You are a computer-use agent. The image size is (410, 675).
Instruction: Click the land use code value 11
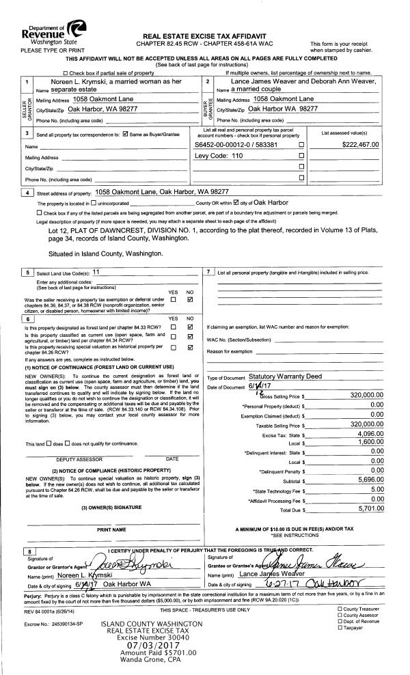pos(96,271)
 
